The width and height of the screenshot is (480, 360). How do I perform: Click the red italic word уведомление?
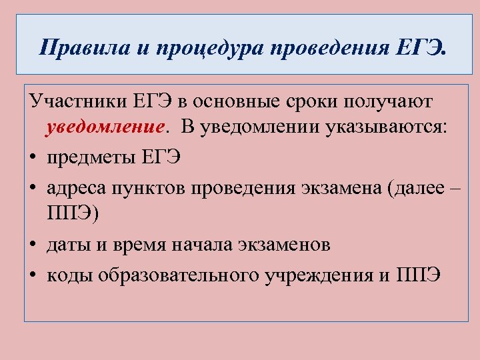pos(105,128)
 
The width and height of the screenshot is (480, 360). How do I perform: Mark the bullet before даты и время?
pos(33,245)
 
